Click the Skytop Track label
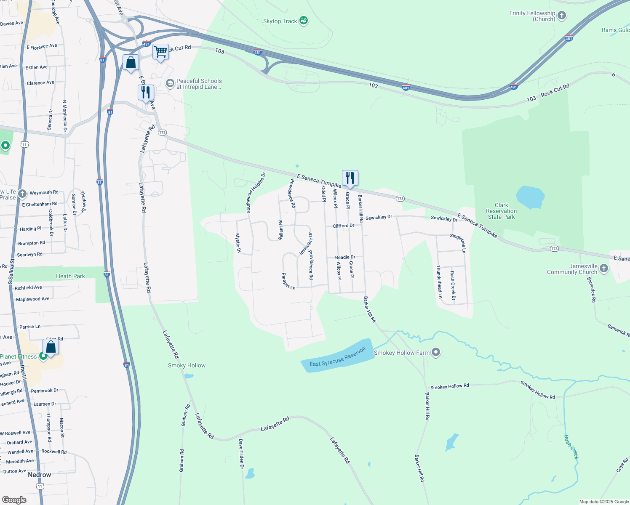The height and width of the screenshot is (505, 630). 280,21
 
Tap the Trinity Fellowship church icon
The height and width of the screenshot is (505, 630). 562,16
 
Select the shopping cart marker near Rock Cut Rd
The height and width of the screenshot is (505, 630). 160,52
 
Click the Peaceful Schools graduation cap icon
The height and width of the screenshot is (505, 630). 170,83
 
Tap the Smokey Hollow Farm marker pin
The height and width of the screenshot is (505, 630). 436,352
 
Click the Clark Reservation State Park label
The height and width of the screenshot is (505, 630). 501,211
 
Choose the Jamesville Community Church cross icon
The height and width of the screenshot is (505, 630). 604,268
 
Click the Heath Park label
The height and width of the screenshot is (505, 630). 70,276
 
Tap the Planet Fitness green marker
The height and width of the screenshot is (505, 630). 43,356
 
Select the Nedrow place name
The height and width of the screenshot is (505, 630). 39,475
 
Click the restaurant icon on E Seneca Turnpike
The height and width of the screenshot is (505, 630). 350,178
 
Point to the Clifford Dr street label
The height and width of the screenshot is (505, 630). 344,226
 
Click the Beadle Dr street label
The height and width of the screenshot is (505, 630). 345,257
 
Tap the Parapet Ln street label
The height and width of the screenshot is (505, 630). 288,281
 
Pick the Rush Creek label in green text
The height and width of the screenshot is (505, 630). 571,447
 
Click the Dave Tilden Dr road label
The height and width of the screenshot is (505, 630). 241,454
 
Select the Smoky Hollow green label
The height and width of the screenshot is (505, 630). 187,365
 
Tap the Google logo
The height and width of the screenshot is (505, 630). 14,500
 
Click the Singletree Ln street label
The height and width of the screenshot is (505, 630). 458,243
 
